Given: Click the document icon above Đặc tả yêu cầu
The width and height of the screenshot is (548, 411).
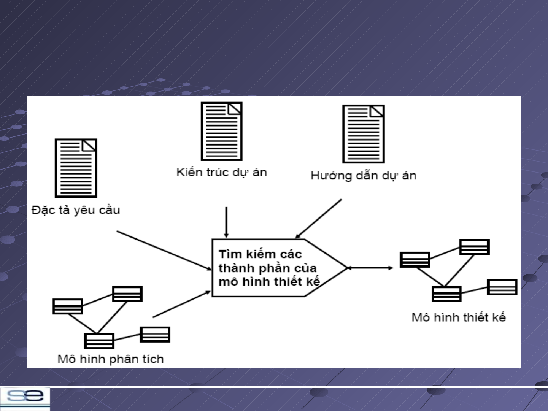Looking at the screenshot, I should coord(76,168).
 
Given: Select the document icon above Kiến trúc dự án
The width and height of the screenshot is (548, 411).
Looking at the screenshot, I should coord(222,131).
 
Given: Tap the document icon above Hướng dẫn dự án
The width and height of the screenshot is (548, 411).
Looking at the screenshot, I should coord(364,134).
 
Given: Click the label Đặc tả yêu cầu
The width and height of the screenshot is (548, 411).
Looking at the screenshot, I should coord(76,210).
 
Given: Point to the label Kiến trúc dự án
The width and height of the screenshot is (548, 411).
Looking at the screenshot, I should coord(222,172).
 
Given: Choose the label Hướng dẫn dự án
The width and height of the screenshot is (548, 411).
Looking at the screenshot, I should coord(364,175).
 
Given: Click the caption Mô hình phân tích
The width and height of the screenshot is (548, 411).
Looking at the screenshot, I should coord(111,359).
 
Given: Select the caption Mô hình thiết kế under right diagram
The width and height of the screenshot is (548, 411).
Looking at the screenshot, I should coord(459,317).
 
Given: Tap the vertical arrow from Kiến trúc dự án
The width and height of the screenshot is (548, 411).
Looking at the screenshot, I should coord(226,222).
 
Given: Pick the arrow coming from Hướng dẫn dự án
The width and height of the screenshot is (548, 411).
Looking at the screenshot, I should coord(319,219).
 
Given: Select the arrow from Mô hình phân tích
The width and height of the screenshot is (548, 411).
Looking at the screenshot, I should coord(182,304).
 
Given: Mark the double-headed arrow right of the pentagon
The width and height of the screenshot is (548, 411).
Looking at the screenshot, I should coord(370,268).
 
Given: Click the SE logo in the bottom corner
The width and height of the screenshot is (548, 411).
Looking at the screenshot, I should coord(25,397).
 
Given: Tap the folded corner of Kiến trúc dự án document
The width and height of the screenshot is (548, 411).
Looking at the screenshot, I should coord(235,109).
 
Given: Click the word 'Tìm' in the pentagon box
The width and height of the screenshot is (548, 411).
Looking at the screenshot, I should coord(230,254).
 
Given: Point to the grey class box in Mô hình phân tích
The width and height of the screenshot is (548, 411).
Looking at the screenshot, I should coord(155,335).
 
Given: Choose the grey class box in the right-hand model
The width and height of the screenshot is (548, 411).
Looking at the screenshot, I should coord(502,287).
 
